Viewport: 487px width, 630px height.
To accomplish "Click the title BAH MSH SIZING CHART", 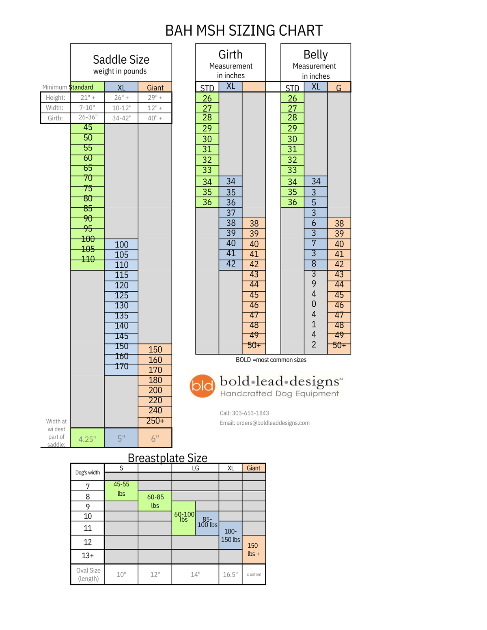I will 243,31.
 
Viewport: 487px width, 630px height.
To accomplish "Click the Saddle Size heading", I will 121,60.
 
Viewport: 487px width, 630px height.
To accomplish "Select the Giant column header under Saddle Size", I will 155,88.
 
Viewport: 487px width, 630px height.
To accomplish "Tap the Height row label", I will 56,98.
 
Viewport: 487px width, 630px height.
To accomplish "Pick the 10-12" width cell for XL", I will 121,108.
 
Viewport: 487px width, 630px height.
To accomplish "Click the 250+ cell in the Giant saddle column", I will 155,421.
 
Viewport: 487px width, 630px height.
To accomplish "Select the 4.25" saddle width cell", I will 87,439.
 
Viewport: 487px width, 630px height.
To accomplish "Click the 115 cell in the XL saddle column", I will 121,275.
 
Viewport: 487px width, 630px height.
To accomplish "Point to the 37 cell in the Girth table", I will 231,213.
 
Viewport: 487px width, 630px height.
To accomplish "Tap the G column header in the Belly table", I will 339,88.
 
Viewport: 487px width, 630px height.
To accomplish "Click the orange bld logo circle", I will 202,386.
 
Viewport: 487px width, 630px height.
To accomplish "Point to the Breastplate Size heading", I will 167,458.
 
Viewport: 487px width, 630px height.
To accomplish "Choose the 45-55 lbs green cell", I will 121,489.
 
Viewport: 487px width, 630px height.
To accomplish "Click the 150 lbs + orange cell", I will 253,550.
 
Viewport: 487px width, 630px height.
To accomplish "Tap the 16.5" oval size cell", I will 230,574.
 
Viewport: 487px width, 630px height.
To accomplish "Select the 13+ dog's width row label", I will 88,556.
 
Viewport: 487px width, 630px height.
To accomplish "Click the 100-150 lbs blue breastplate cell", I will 231,535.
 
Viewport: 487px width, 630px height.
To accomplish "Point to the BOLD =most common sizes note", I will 271,360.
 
